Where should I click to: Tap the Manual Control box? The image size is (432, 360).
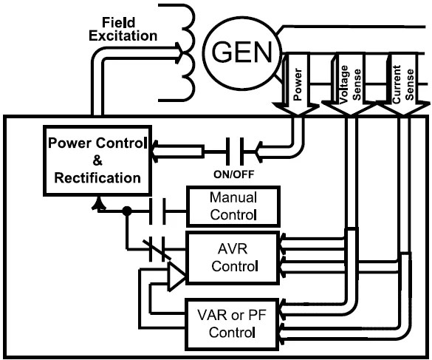(233, 206)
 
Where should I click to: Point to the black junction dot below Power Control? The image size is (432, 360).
(127, 210)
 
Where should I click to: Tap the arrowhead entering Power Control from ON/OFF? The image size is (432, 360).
(157, 154)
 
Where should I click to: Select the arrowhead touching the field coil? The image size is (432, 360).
(177, 52)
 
